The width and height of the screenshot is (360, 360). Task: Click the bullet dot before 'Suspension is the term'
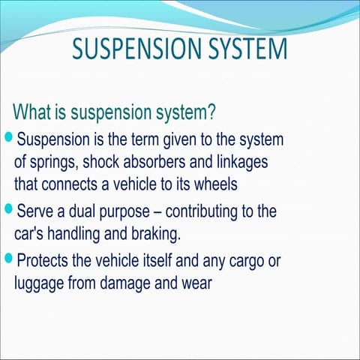(9, 138)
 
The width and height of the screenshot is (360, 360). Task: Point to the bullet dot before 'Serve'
(9, 208)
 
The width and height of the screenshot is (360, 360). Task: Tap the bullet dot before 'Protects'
(9, 259)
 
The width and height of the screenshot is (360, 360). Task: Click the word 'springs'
(53, 162)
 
